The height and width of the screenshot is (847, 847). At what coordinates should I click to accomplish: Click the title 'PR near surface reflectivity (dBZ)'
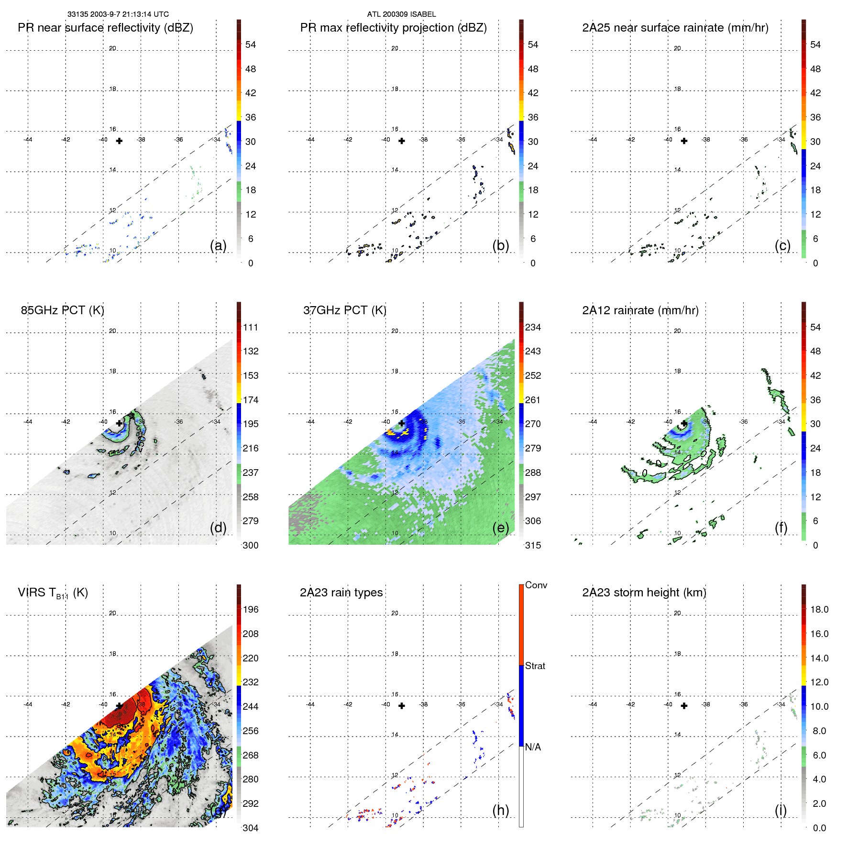(x=105, y=28)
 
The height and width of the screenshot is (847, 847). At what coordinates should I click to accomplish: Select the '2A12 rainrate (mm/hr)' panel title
(x=640, y=310)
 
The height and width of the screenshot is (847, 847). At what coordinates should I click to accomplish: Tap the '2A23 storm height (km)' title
(x=644, y=593)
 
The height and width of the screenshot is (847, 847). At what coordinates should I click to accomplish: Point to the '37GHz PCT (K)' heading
(x=344, y=310)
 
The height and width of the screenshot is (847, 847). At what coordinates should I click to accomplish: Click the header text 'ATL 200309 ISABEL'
(x=401, y=14)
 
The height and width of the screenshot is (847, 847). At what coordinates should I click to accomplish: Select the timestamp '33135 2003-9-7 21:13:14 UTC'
(x=118, y=14)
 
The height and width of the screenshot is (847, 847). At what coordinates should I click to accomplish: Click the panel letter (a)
(x=218, y=245)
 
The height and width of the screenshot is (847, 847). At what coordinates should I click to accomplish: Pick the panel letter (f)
(x=781, y=528)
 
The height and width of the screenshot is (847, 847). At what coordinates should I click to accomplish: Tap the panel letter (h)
(x=500, y=810)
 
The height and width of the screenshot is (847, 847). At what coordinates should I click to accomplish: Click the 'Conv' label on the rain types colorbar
(x=536, y=585)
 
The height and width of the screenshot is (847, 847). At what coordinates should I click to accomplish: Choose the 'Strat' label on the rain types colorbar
(x=535, y=666)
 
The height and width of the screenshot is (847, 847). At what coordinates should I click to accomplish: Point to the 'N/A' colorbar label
(x=533, y=747)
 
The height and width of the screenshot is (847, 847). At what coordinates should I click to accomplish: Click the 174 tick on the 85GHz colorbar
(x=251, y=400)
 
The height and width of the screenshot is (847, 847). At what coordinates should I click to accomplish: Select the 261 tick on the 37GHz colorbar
(x=533, y=400)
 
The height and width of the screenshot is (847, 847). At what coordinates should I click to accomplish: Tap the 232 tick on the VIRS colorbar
(x=251, y=682)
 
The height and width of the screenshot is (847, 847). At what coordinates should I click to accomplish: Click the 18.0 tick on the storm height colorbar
(x=819, y=609)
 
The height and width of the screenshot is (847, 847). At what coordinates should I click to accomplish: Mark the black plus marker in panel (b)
(x=402, y=141)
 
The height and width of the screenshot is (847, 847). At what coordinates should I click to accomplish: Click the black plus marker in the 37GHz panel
(x=402, y=423)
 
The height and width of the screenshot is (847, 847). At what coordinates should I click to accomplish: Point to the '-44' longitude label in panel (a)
(x=28, y=140)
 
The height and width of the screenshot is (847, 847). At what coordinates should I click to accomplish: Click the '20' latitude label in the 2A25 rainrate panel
(x=677, y=48)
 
